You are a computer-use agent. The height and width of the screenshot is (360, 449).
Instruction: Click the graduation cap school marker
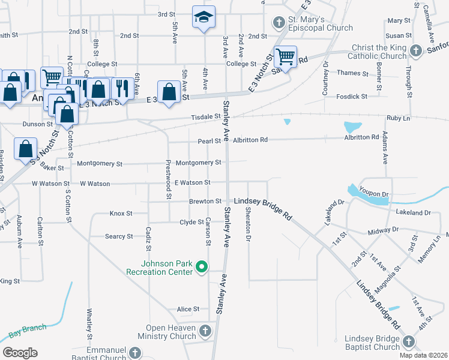tap(203, 17)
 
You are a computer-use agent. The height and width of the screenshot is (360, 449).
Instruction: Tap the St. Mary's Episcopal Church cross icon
tap(279, 23)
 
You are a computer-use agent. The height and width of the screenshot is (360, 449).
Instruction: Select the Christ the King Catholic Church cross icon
tap(415, 50)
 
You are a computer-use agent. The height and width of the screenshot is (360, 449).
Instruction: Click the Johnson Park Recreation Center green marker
tap(202, 266)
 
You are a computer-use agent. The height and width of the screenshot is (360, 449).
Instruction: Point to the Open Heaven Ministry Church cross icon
tap(205, 331)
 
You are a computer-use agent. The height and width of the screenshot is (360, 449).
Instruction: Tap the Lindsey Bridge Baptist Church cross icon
tap(409, 341)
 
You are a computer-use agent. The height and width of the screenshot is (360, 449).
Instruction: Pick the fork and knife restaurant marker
tap(122, 88)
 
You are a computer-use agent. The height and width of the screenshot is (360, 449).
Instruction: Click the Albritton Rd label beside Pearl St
tap(250, 140)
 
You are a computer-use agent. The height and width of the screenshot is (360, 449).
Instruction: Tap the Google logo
tap(20, 353)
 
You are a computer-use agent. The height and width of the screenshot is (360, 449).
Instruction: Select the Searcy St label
tap(119, 236)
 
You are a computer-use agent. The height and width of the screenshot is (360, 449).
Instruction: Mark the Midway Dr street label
tap(383, 230)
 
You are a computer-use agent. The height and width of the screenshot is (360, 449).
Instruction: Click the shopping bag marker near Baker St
tap(26, 149)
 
